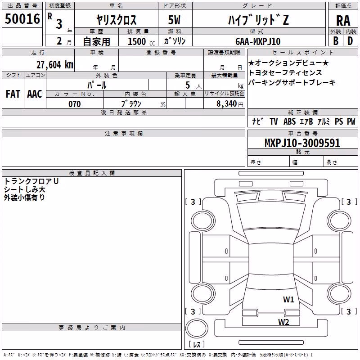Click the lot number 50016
(x=22, y=18)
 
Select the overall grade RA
(x=343, y=21)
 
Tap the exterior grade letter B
(x=336, y=41)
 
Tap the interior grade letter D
(x=350, y=41)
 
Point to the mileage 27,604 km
(x=54, y=64)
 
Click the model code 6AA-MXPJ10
(x=258, y=41)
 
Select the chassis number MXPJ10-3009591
(x=302, y=143)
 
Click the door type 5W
(x=174, y=20)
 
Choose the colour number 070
(x=75, y=104)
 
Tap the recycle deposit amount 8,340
(x=227, y=103)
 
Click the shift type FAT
(x=13, y=94)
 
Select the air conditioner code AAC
(x=35, y=94)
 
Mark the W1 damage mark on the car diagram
(x=288, y=299)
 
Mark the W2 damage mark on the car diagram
(x=283, y=322)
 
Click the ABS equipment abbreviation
(x=289, y=121)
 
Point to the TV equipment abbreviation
(x=274, y=121)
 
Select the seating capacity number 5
(x=188, y=85)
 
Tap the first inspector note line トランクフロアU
(x=31, y=181)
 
